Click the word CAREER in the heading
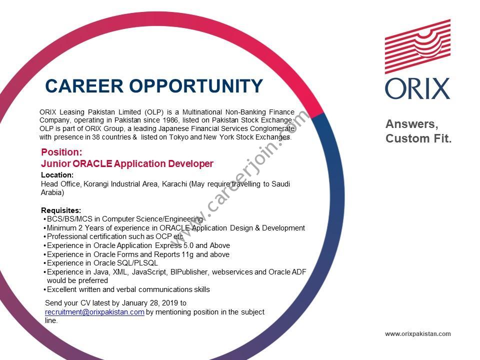pos(84,86)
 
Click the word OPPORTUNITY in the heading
pos(196,86)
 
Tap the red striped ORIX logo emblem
pos(417,46)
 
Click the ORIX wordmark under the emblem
pos(417,89)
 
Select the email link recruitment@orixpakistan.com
pos(94,312)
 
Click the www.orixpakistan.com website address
pos(418,333)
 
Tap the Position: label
pos(61,152)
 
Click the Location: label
pos(57,175)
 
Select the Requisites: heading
pos(61,210)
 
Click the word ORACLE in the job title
pos(92,163)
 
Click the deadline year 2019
pos(170,303)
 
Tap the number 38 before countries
pos(96,137)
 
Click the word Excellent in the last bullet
pos(61,289)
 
